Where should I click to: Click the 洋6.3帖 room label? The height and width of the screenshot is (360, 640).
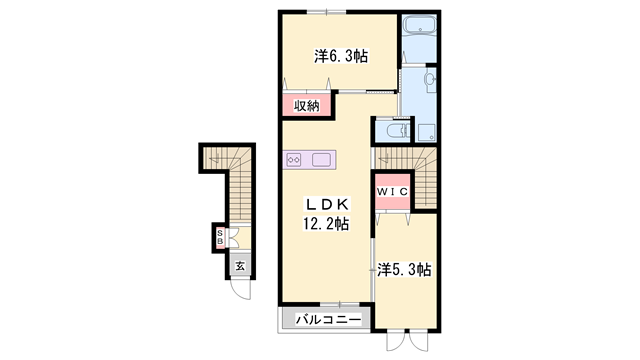pos(341,57)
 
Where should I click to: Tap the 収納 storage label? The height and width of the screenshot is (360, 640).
pos(306,104)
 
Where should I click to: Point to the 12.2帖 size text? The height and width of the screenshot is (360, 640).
pos(326,224)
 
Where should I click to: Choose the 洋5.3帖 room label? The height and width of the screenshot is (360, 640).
pos(405,269)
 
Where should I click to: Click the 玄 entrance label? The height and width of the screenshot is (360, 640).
pos(240,266)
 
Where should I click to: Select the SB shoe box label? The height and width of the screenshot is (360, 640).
pos(221,239)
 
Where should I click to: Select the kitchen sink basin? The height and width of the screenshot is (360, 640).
pos(323,159)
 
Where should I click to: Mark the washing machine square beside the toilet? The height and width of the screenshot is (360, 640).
pos(425,130)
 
